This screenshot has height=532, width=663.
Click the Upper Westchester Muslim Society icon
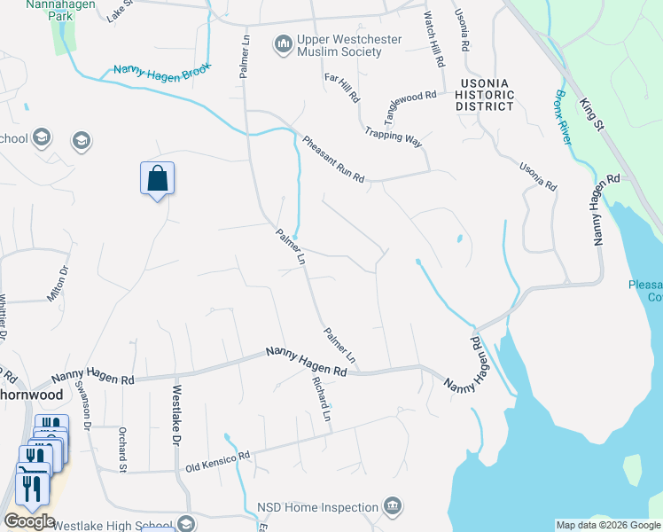[284, 43]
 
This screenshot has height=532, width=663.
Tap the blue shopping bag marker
[157, 178]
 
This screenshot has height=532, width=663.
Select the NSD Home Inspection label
[318, 507]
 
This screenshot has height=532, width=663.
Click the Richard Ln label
[320, 399]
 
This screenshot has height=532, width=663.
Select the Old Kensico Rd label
[217, 459]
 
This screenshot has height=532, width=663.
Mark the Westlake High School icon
[186, 524]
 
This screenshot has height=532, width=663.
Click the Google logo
[29, 521]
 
